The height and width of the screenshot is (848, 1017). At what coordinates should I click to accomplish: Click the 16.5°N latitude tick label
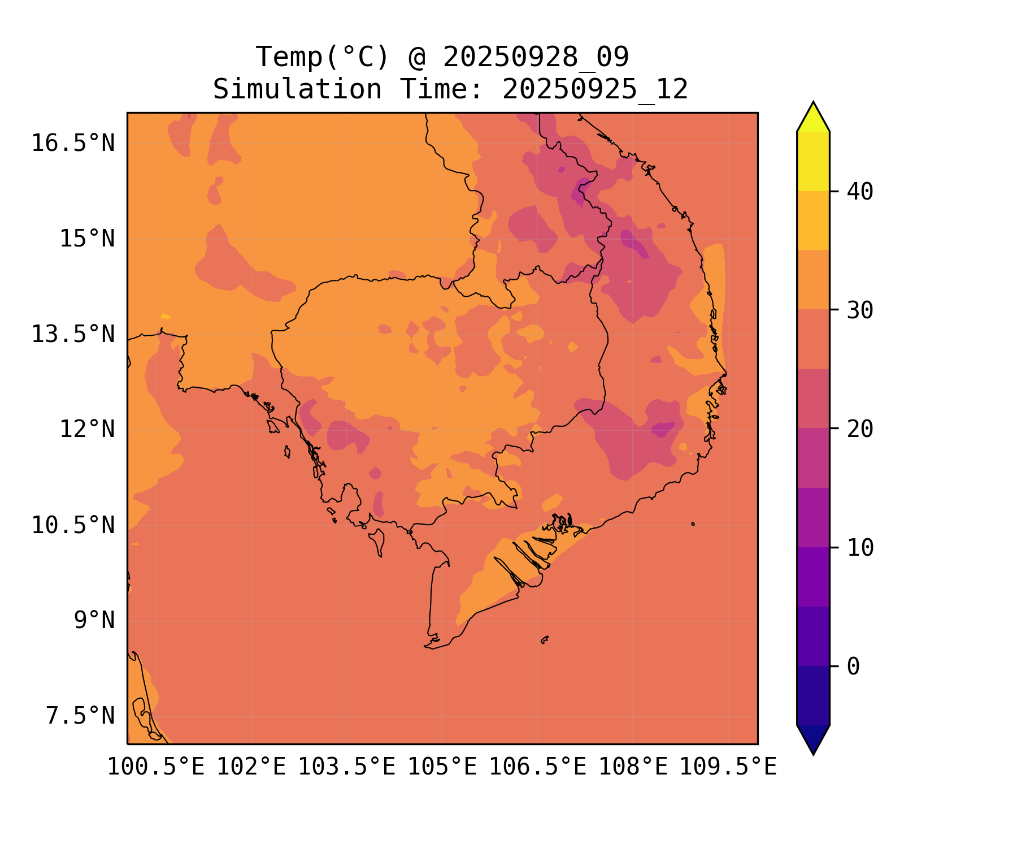click(x=73, y=143)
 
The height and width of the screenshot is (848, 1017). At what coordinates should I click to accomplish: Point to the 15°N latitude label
click(x=87, y=239)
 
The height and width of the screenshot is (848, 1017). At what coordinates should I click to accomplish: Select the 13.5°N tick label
click(x=73, y=334)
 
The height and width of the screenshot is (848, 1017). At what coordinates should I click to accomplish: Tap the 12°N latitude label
click(x=87, y=429)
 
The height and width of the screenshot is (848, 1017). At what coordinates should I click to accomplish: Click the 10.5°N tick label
click(x=73, y=525)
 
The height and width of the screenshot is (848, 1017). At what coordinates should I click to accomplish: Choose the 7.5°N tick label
click(x=80, y=716)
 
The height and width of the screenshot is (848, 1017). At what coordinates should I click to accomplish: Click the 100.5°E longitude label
click(x=156, y=767)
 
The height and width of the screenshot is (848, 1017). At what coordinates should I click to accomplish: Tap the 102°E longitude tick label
click(x=251, y=767)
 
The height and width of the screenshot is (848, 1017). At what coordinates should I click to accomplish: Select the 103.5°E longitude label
click(x=346, y=767)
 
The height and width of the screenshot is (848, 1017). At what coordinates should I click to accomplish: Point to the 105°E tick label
click(x=442, y=767)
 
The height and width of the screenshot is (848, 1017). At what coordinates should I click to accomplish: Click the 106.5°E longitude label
click(x=537, y=767)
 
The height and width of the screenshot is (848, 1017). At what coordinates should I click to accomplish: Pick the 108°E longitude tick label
click(x=633, y=767)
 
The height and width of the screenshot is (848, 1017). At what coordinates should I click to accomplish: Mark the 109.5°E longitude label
click(x=728, y=767)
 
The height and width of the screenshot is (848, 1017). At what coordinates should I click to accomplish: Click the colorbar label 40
click(x=860, y=192)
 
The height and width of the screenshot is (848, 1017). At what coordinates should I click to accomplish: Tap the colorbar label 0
click(x=853, y=667)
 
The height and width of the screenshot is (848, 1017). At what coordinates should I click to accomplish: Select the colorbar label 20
click(x=860, y=429)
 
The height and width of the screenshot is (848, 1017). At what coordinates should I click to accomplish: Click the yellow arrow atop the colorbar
click(x=813, y=118)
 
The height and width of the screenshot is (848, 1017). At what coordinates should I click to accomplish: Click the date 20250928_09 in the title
click(x=536, y=57)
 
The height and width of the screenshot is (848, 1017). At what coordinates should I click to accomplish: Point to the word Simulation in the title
click(x=297, y=89)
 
